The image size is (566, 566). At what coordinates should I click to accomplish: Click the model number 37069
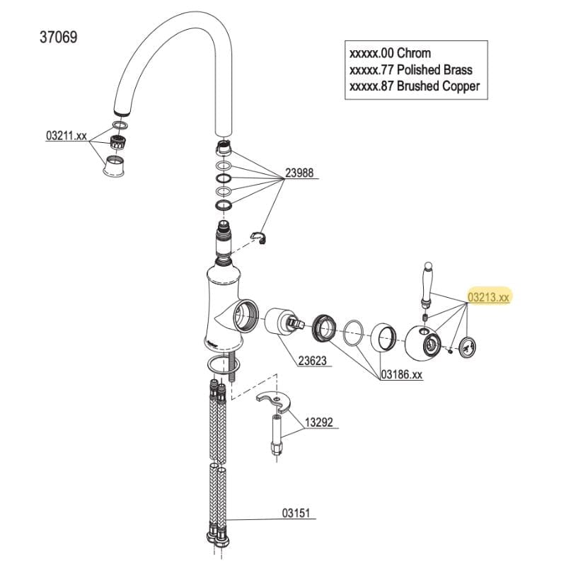point(59,37)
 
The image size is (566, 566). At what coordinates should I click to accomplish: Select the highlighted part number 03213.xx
point(488,297)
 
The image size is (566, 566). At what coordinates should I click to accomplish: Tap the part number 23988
point(299,173)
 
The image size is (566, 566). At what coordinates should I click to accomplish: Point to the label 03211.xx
point(66,135)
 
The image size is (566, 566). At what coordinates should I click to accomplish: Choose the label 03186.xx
point(401,374)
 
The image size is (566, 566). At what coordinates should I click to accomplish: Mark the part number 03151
point(297,514)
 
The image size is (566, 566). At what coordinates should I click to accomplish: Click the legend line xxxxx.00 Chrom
point(390,53)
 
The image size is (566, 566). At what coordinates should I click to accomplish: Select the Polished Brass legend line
point(411,69)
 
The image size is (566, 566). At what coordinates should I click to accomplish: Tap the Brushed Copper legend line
point(415,86)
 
